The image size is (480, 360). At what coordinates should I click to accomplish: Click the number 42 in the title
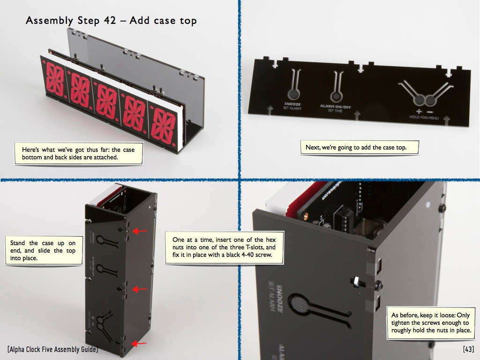pos(110,21)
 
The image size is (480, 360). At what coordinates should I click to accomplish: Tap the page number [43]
pos(468,349)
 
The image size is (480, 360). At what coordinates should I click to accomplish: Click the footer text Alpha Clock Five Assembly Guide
pos(52,349)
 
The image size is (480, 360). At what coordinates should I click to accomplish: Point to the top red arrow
pos(140,231)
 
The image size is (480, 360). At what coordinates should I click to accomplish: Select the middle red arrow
pos(140,289)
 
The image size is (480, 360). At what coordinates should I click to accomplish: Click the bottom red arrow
pos(139,344)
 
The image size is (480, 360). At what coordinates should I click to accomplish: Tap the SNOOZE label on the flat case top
pos(292,104)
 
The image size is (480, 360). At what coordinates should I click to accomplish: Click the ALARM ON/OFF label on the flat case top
pos(335,106)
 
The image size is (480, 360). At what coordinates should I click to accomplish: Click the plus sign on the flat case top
pos(419,112)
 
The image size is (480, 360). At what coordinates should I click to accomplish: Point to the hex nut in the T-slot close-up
pos(357,281)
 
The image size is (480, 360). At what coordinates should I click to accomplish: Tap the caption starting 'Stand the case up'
pos(44,250)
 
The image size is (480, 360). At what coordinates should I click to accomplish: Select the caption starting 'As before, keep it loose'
pos(431,322)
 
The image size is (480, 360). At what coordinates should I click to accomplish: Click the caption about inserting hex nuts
pos(224,247)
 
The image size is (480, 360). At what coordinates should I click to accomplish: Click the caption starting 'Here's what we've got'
pos(78,153)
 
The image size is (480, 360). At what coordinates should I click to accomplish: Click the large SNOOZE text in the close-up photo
pos(279,299)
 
